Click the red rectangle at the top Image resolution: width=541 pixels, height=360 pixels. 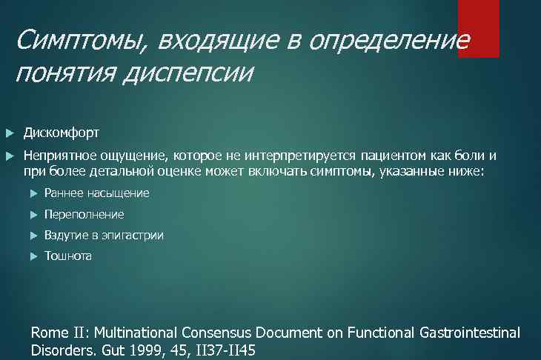(478, 28)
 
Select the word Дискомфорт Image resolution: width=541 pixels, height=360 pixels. (62, 133)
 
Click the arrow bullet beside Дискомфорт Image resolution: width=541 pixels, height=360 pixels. (9, 133)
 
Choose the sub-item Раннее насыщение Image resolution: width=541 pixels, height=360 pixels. (96, 193)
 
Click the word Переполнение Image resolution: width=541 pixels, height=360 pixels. (84, 214)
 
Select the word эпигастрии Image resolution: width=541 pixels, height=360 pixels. (133, 236)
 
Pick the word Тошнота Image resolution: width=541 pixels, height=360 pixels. (68, 256)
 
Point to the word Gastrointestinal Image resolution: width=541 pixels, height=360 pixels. (468, 333)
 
